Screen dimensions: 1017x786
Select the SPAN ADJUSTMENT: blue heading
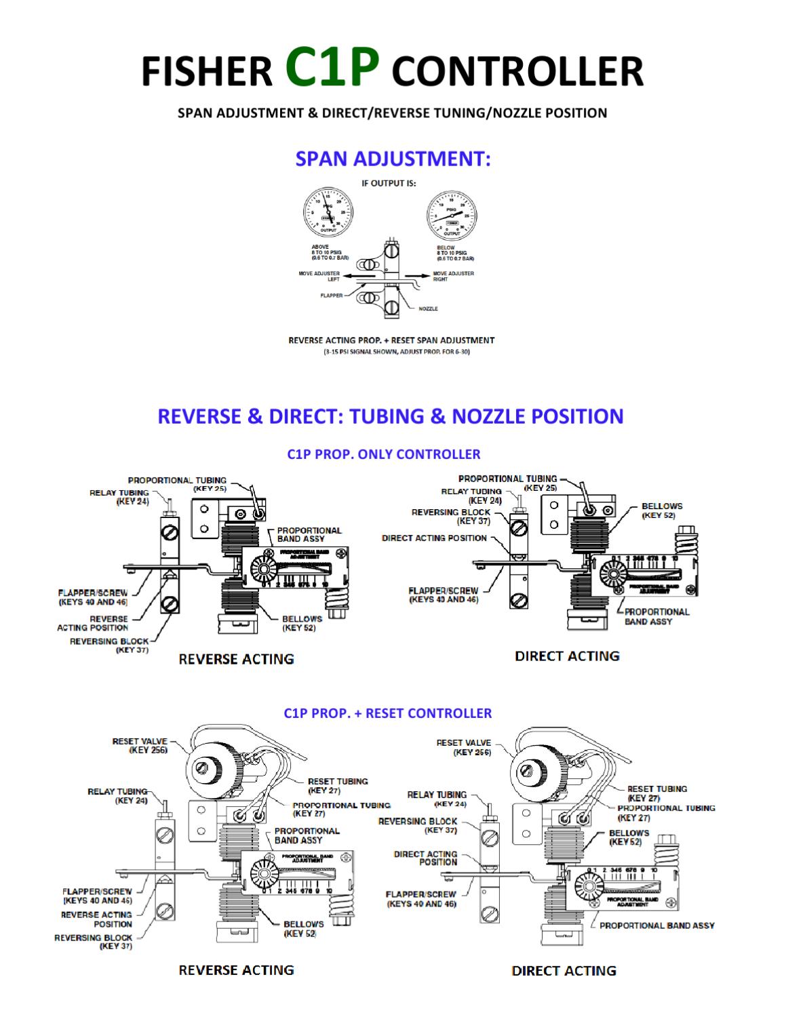393,159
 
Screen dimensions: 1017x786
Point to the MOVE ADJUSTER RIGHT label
453,276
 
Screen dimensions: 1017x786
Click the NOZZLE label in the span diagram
428,308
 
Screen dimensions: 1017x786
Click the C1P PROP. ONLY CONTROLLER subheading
383,454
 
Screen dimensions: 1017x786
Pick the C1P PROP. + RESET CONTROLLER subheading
387,713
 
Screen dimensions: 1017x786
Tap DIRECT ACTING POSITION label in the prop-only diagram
434,538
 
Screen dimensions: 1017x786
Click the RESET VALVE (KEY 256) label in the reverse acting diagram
139,746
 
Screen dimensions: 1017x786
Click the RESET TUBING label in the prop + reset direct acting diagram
656,793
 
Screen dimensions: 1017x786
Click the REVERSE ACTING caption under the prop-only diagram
236,659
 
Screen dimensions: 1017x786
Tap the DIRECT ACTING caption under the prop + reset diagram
564,971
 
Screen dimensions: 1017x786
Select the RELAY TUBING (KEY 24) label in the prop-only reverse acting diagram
119,497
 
